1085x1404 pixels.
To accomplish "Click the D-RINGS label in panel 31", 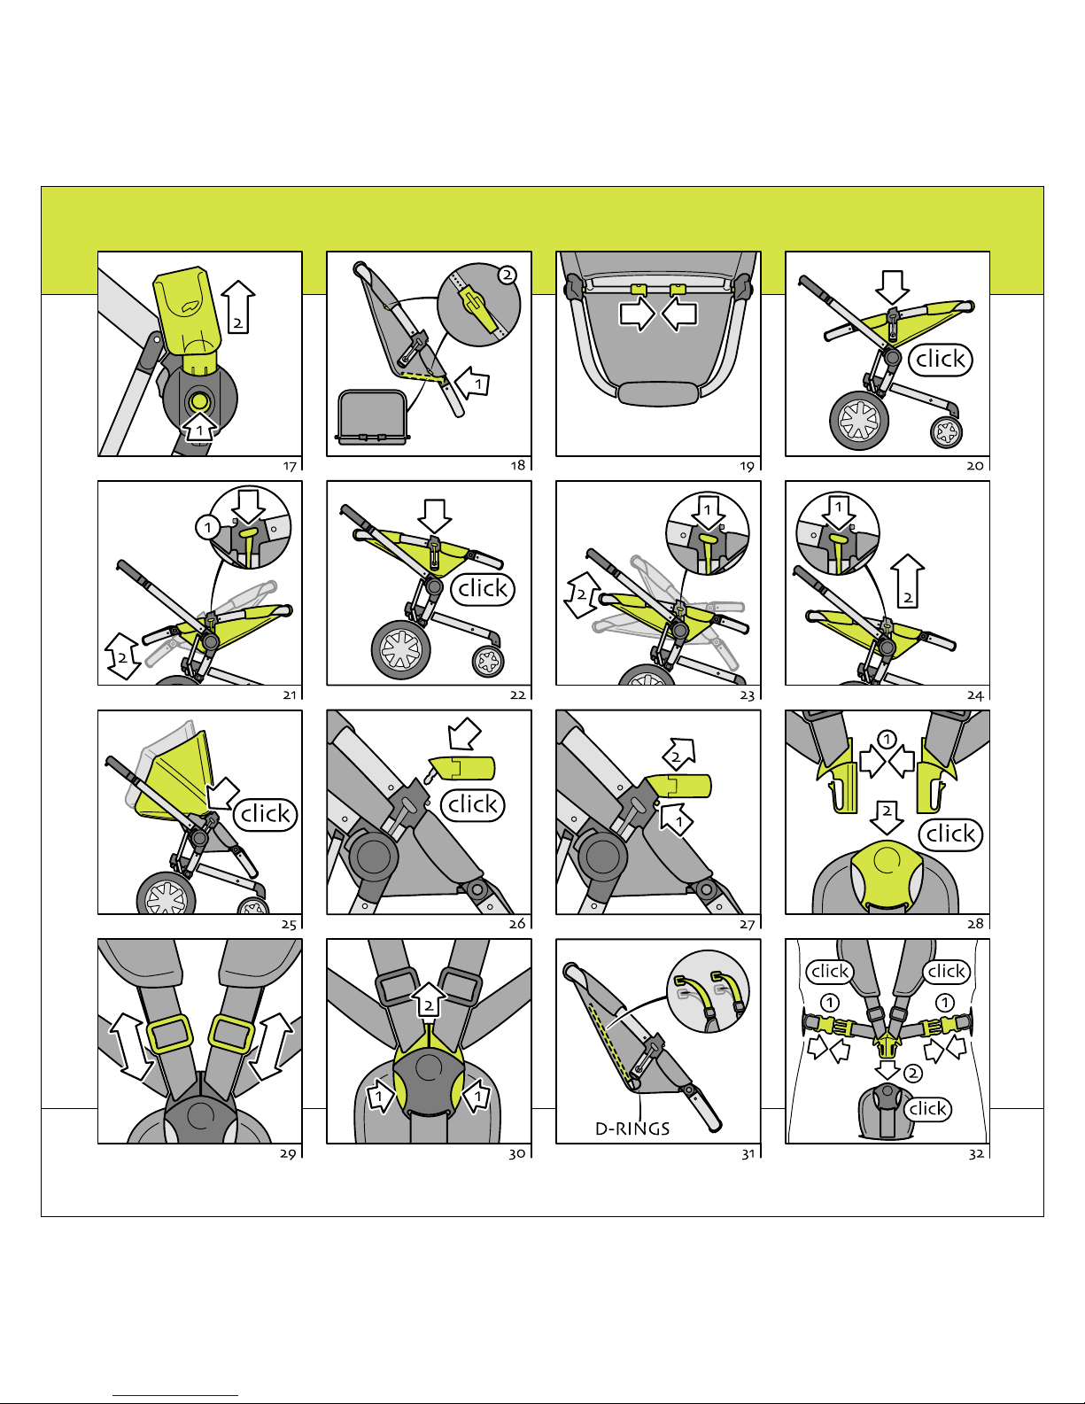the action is (632, 1129).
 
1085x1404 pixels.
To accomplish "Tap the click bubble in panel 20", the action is (941, 360).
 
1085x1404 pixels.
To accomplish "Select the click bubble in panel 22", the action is (483, 589).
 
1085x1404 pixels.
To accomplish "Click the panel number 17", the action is (290, 466).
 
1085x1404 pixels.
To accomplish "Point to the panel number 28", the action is (975, 924).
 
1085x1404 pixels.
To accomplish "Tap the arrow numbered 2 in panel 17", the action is (238, 309).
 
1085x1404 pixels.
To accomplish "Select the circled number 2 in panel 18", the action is (507, 275).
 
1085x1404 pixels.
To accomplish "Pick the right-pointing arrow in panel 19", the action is (636, 314).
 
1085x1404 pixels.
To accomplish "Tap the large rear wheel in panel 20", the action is (859, 422).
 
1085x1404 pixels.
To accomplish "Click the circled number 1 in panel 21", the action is (207, 528).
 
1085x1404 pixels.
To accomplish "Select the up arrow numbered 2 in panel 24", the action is (908, 583).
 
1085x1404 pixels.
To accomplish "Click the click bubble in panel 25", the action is (266, 815).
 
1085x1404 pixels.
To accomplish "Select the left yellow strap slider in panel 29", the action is (169, 1034).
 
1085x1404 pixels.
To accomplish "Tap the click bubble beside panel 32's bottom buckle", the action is (928, 1109).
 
